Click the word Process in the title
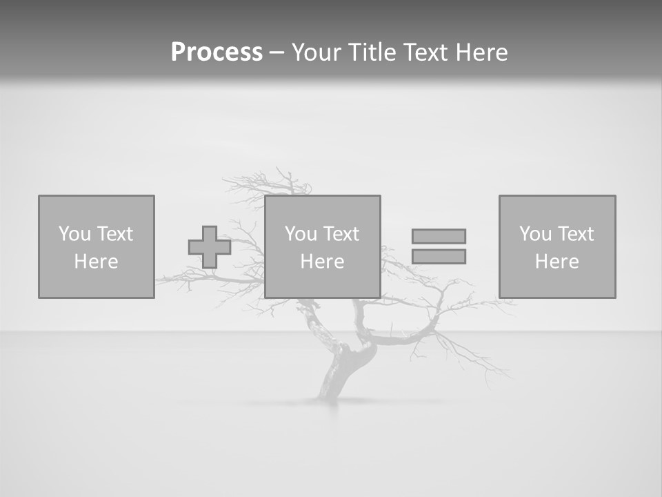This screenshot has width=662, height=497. pos(217,52)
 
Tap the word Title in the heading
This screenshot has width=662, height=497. pos(371,52)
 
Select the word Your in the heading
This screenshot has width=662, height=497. pos(317,52)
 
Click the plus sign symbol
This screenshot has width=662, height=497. pos(210,247)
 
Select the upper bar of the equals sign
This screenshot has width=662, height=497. pos(439,236)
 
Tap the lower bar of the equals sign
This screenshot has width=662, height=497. pos(439,257)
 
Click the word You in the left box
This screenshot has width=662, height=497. pos(74,234)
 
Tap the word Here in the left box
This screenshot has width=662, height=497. pos(96,262)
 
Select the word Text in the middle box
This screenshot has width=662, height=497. pos(341,234)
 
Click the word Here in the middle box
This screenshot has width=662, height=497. pos(322,262)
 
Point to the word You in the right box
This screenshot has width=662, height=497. pos(535,234)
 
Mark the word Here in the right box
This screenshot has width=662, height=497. pos(556,262)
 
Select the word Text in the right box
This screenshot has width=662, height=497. pos(576,234)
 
